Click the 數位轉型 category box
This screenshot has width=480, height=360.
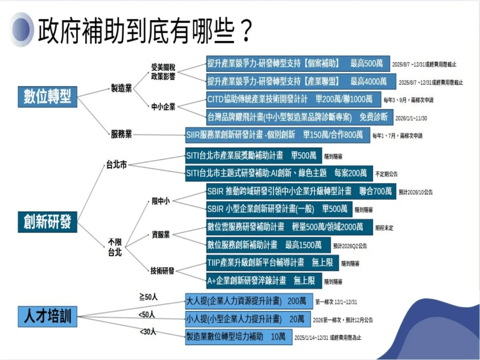[48, 96]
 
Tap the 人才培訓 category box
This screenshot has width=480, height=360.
[47, 316]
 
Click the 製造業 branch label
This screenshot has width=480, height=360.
[122, 88]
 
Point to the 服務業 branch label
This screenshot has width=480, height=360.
[121, 134]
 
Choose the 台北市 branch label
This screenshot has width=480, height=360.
[116, 164]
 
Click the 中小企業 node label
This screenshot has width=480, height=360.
[163, 107]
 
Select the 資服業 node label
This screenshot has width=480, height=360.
[160, 235]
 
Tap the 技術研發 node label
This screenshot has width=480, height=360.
[162, 271]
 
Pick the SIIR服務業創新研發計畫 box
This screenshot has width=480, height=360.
[277, 134]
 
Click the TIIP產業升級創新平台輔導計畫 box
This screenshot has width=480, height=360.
[272, 263]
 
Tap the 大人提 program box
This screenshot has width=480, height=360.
[249, 301]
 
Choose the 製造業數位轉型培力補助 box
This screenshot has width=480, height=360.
[238, 336]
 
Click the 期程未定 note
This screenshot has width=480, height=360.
[384, 228]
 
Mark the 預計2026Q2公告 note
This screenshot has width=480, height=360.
[350, 246]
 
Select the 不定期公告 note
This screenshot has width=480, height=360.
[386, 174]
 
